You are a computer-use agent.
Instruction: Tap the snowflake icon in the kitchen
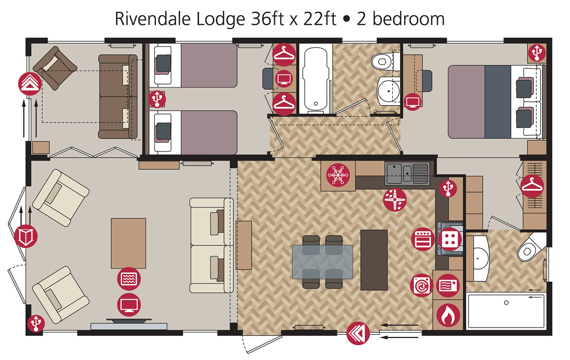coord(338,175)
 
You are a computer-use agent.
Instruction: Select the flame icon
coord(448,315)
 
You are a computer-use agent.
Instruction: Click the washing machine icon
coord(422,285)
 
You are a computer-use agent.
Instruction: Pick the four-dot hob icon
coord(450,239)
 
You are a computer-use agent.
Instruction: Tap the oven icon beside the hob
coord(423,239)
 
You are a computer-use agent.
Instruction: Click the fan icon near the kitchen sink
coord(395,200)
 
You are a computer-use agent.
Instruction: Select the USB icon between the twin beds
coord(157,99)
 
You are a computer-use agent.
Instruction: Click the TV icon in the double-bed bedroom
coord(413,102)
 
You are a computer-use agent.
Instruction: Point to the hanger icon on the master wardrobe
coord(532,186)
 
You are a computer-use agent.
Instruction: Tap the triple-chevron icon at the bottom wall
coord(358,333)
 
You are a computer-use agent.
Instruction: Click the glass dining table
coord(322,262)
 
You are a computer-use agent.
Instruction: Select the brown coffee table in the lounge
coord(129,243)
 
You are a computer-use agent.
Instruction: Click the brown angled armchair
coord(55,68)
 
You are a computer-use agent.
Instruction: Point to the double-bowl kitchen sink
coord(407,174)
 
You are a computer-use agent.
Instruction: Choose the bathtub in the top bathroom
coord(316,79)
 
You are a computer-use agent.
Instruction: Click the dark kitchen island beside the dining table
coord(374,260)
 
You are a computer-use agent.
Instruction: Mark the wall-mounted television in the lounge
coord(129,321)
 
